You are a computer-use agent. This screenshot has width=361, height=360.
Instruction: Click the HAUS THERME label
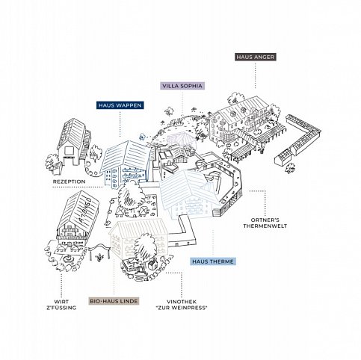[x=213, y=262]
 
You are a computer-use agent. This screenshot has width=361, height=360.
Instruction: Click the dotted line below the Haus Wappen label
[x=120, y=124]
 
